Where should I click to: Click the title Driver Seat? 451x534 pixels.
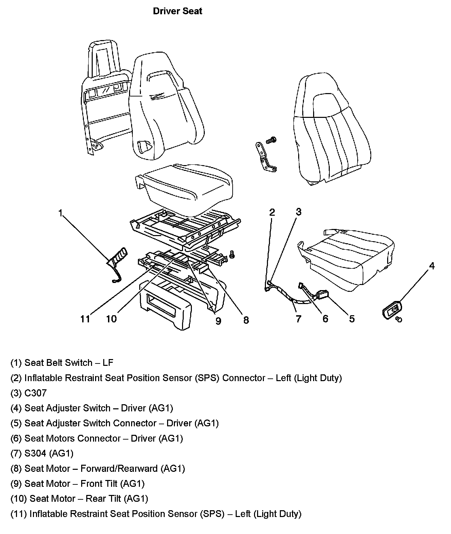pos(177,11)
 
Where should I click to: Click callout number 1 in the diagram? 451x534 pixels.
pos(60,213)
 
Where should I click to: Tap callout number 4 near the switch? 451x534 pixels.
pos(432,266)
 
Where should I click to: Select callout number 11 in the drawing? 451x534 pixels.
pos(85,319)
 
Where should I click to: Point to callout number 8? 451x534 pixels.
pos(246,320)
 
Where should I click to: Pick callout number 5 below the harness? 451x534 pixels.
pos(352,319)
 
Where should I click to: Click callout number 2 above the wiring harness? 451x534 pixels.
pos(272,212)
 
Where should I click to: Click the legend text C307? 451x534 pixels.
pos(35,393)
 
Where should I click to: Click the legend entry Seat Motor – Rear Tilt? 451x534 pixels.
pos(89,499)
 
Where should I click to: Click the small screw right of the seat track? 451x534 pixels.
pos(232,253)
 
